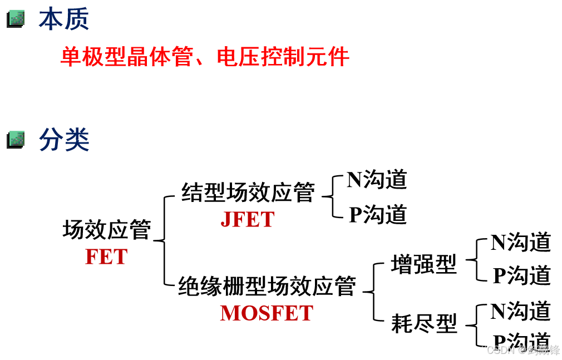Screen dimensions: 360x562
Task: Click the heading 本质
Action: (63, 19)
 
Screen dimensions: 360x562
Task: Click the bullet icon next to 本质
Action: (16, 19)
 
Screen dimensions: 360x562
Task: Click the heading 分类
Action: (63, 140)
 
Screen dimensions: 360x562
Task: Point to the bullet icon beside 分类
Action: (16, 139)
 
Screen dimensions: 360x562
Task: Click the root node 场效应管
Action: (106, 229)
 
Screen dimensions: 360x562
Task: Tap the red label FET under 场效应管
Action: (106, 257)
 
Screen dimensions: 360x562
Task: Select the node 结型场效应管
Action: (248, 193)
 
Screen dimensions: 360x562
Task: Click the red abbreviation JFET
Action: (248, 220)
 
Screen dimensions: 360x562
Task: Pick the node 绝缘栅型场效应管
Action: (267, 287)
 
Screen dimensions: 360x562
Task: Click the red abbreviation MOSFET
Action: (267, 313)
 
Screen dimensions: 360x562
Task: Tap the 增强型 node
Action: (423, 264)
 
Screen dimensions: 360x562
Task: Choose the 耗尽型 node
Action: (423, 323)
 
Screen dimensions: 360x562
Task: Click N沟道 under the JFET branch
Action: (377, 180)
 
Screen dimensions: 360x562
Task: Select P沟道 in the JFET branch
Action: (378, 215)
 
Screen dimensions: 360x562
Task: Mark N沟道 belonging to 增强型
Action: (521, 243)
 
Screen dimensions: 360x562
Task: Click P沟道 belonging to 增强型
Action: (521, 275)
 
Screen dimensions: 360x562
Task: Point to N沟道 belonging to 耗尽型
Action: (521, 312)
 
